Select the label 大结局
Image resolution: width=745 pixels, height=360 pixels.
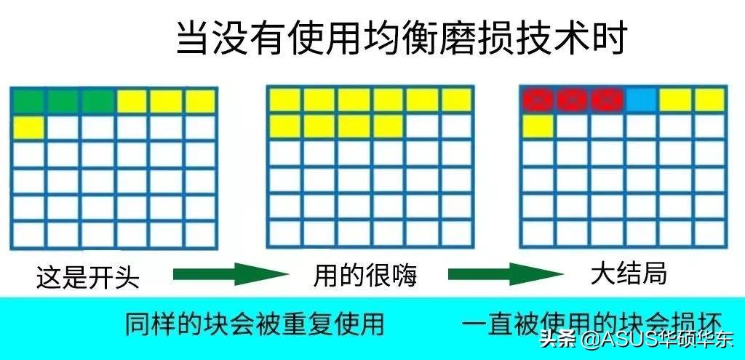[629, 273]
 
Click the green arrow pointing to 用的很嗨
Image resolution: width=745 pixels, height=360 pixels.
[231, 274]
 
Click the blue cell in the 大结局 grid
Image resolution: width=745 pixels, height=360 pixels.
[641, 100]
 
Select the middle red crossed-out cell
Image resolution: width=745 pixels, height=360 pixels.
[573, 100]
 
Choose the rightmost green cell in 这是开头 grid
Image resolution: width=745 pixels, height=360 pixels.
[97, 101]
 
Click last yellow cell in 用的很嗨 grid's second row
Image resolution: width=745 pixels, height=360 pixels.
[388, 126]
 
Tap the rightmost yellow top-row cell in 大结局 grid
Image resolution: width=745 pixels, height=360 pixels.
[709, 100]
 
